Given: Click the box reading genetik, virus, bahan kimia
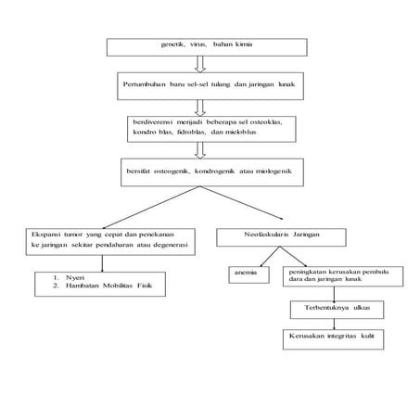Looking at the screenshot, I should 198,46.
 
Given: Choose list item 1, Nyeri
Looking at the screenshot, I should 70,276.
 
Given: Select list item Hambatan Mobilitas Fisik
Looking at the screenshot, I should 102,286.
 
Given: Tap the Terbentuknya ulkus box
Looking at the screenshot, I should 331,308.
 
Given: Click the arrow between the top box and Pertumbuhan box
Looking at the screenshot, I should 198,64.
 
